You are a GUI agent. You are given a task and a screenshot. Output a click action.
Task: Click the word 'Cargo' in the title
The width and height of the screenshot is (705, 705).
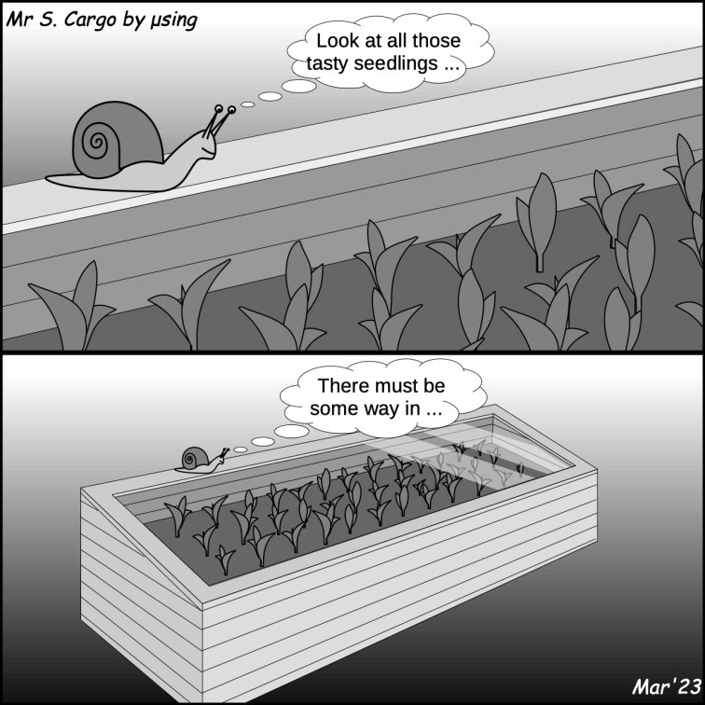[x=89, y=21]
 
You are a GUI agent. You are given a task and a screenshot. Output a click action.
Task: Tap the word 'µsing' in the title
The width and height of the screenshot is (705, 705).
[x=173, y=21]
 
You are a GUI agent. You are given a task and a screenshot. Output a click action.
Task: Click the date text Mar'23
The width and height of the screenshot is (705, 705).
[x=667, y=686]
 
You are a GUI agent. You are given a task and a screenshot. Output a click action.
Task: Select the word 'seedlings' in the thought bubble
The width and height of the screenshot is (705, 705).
[x=394, y=63]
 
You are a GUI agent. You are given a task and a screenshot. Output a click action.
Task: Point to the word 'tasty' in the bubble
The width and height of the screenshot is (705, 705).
[x=327, y=63]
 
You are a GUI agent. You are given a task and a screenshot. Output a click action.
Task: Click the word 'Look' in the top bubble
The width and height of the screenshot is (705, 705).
[x=338, y=41]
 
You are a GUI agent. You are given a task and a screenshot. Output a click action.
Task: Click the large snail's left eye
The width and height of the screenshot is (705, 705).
[x=218, y=108]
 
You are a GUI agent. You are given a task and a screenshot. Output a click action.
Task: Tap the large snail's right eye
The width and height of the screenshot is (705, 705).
[x=231, y=110]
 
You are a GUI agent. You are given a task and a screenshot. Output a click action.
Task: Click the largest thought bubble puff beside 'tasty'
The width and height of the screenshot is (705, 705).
[x=298, y=86]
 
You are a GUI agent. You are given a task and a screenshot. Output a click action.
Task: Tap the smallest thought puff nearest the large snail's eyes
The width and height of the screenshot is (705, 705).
[x=247, y=104]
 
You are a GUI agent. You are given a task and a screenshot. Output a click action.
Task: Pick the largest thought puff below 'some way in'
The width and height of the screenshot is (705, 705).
[x=291, y=431]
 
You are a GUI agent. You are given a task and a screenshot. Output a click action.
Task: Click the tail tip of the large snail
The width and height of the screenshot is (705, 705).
[x=48, y=180]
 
